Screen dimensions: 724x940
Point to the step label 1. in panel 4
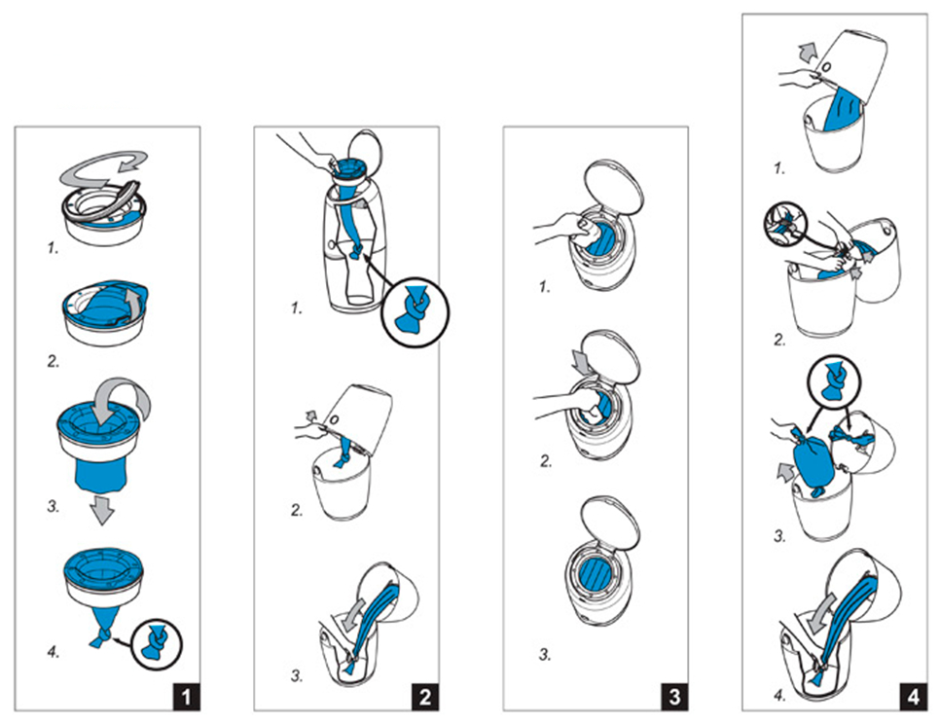tap(778, 167)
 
